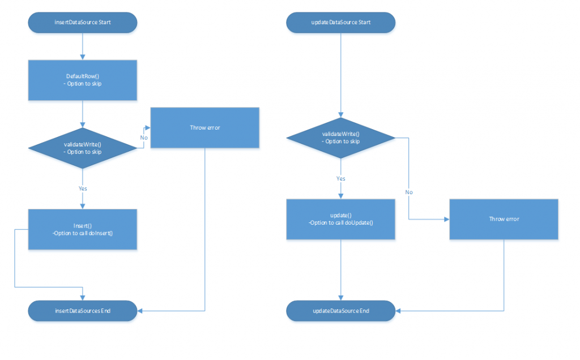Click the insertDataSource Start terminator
click(83, 23)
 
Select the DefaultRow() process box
click(83, 80)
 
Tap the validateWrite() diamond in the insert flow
click(83, 148)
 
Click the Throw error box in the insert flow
click(204, 128)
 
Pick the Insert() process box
click(83, 229)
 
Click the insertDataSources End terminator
click(83, 311)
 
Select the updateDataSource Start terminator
click(340, 23)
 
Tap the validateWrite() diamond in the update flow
click(340, 138)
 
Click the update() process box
click(340, 219)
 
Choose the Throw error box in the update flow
click(504, 218)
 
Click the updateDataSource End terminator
click(340, 311)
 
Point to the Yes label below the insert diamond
click(83, 188)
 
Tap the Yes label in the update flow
click(340, 178)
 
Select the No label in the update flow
click(408, 192)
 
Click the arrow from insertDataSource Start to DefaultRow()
click(83, 45)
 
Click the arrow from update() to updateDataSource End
click(340, 269)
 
